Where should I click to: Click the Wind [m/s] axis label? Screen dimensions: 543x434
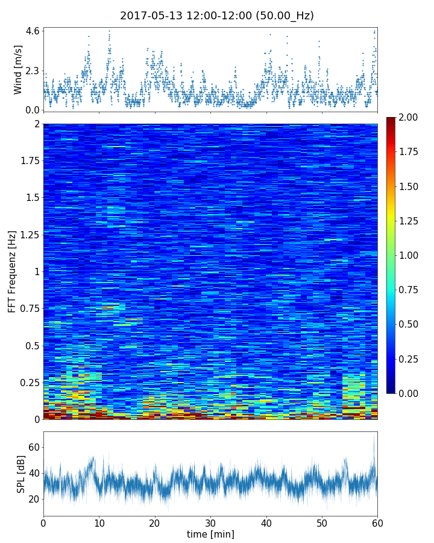[18, 69]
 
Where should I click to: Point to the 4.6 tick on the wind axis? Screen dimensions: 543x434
[33, 30]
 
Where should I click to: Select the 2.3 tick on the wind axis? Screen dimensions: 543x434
[33, 71]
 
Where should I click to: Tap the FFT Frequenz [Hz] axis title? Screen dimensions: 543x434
[12, 271]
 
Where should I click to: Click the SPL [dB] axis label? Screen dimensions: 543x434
[20, 474]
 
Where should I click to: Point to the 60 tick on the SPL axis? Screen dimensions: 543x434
[33, 447]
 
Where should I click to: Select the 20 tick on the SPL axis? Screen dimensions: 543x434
[33, 499]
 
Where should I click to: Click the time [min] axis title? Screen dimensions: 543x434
[210, 534]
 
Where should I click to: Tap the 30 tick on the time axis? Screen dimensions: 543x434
[210, 522]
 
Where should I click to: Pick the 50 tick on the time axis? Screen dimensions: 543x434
[322, 522]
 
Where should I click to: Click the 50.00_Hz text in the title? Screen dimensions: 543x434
[282, 16]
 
